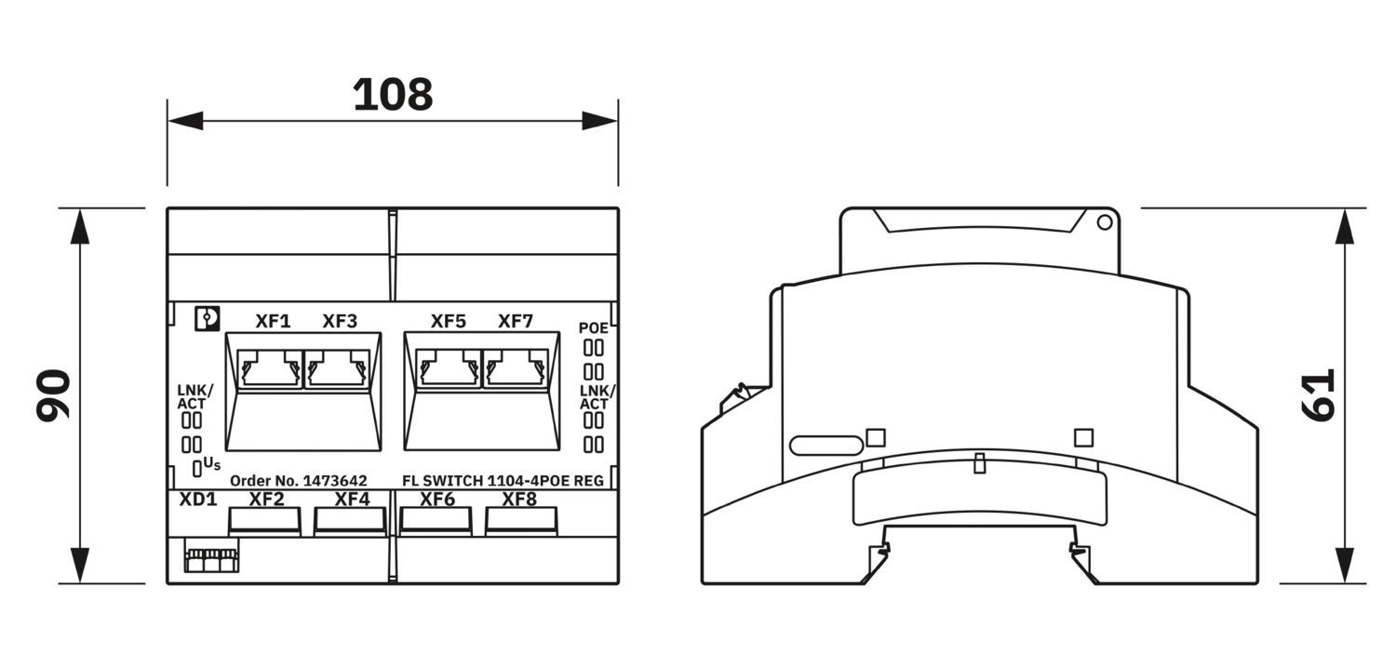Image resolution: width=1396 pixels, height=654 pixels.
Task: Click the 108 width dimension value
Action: point(393,95)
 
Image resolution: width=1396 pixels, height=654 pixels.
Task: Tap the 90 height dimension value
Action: point(54,395)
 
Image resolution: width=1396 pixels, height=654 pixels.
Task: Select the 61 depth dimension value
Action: point(1318,394)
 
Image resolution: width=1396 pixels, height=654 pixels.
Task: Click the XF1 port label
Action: point(273,321)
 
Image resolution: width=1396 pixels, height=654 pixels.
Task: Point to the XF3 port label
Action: point(340,321)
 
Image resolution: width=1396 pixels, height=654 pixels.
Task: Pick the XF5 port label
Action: point(448,321)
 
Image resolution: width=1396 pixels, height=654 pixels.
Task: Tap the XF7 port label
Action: point(516,321)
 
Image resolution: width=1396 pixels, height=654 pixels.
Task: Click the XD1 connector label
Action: point(198,499)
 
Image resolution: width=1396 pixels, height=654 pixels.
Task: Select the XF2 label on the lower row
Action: point(267,499)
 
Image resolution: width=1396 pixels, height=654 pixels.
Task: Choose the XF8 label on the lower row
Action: point(519,499)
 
